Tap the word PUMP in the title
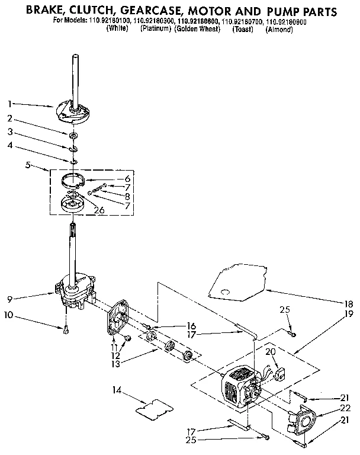(272, 11)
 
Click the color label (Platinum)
(156, 29)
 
